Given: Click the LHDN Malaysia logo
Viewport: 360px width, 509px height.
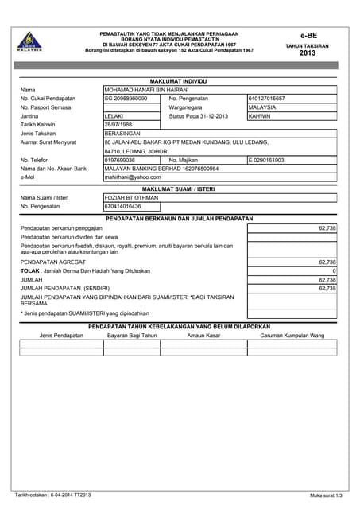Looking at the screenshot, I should coord(29,41).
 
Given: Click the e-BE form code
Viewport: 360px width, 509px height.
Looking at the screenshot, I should coord(308,36).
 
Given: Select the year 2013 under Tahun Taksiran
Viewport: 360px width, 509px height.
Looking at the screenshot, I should coord(308,53).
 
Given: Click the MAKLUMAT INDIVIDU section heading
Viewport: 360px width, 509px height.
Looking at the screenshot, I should coord(179,81).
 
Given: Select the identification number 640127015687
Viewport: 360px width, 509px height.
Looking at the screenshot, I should coord(267,99).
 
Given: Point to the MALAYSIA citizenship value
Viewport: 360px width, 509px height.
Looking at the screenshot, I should coord(262,107).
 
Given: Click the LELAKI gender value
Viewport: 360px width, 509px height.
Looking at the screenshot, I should coord(114,116).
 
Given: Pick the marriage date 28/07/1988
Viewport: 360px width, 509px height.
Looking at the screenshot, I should coord(119,125).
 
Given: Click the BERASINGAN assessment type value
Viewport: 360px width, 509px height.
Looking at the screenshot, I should coord(122,134).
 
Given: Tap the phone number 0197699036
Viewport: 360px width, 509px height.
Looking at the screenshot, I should coord(120,160).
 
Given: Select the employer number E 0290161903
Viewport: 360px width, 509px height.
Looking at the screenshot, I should coord(266,160).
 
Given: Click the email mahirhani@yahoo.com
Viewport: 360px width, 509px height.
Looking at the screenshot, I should coord(133,177).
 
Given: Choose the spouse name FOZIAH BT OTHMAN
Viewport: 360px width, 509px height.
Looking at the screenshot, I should coord(131,197).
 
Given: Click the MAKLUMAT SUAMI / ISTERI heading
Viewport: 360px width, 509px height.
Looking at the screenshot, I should coord(179,188).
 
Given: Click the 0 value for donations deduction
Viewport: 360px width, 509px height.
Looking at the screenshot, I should coord(334,271).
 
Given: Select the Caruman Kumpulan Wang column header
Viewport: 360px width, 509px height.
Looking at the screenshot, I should coord(292,336).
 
